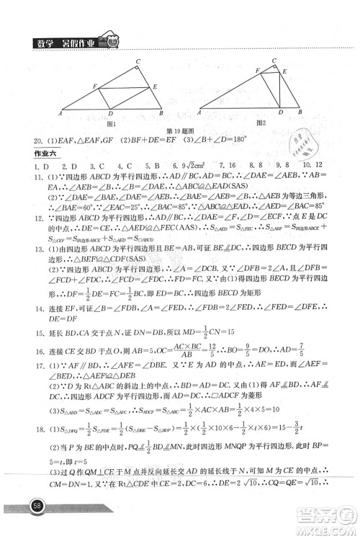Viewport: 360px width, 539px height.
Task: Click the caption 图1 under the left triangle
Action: tap(110, 123)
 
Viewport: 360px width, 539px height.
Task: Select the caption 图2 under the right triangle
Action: tap(260, 123)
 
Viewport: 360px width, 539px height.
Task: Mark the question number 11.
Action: tap(30, 177)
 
